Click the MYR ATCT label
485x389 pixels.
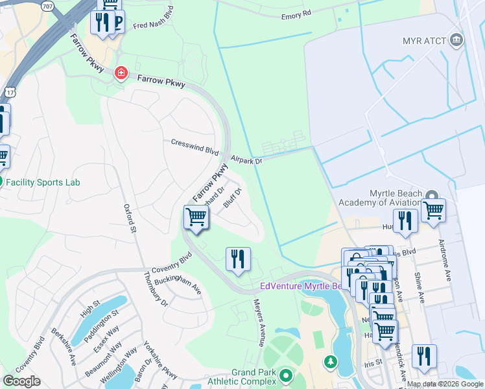pos(424,41)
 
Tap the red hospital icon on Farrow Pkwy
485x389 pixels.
pos(121,73)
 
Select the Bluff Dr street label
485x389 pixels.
pos(232,197)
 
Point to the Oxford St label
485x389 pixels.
pos(129,218)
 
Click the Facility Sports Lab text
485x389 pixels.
pos(43,182)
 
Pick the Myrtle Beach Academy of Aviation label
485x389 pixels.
pos(404,198)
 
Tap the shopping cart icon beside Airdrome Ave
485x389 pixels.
pos(433,210)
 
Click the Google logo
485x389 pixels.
pos(21,381)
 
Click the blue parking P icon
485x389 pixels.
pos(117,23)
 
